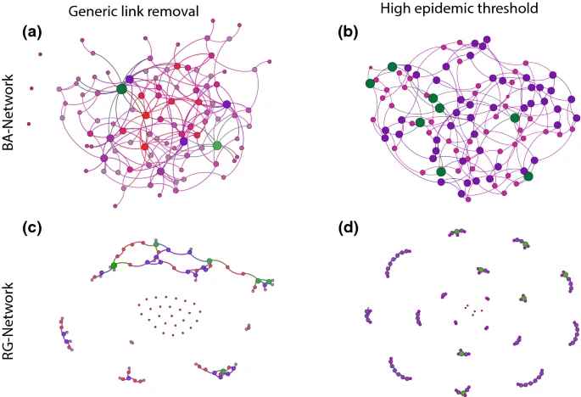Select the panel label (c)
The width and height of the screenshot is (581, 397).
click(31, 228)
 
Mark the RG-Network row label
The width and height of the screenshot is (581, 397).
click(10, 311)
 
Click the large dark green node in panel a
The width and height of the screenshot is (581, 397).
click(121, 88)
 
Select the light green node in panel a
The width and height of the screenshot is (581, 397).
click(217, 146)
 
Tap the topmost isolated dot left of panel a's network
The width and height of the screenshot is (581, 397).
click(40, 56)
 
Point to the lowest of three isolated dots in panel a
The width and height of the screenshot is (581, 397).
click(29, 125)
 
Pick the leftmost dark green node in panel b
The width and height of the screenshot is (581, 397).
click(370, 83)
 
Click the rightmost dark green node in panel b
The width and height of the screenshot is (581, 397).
click(528, 176)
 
